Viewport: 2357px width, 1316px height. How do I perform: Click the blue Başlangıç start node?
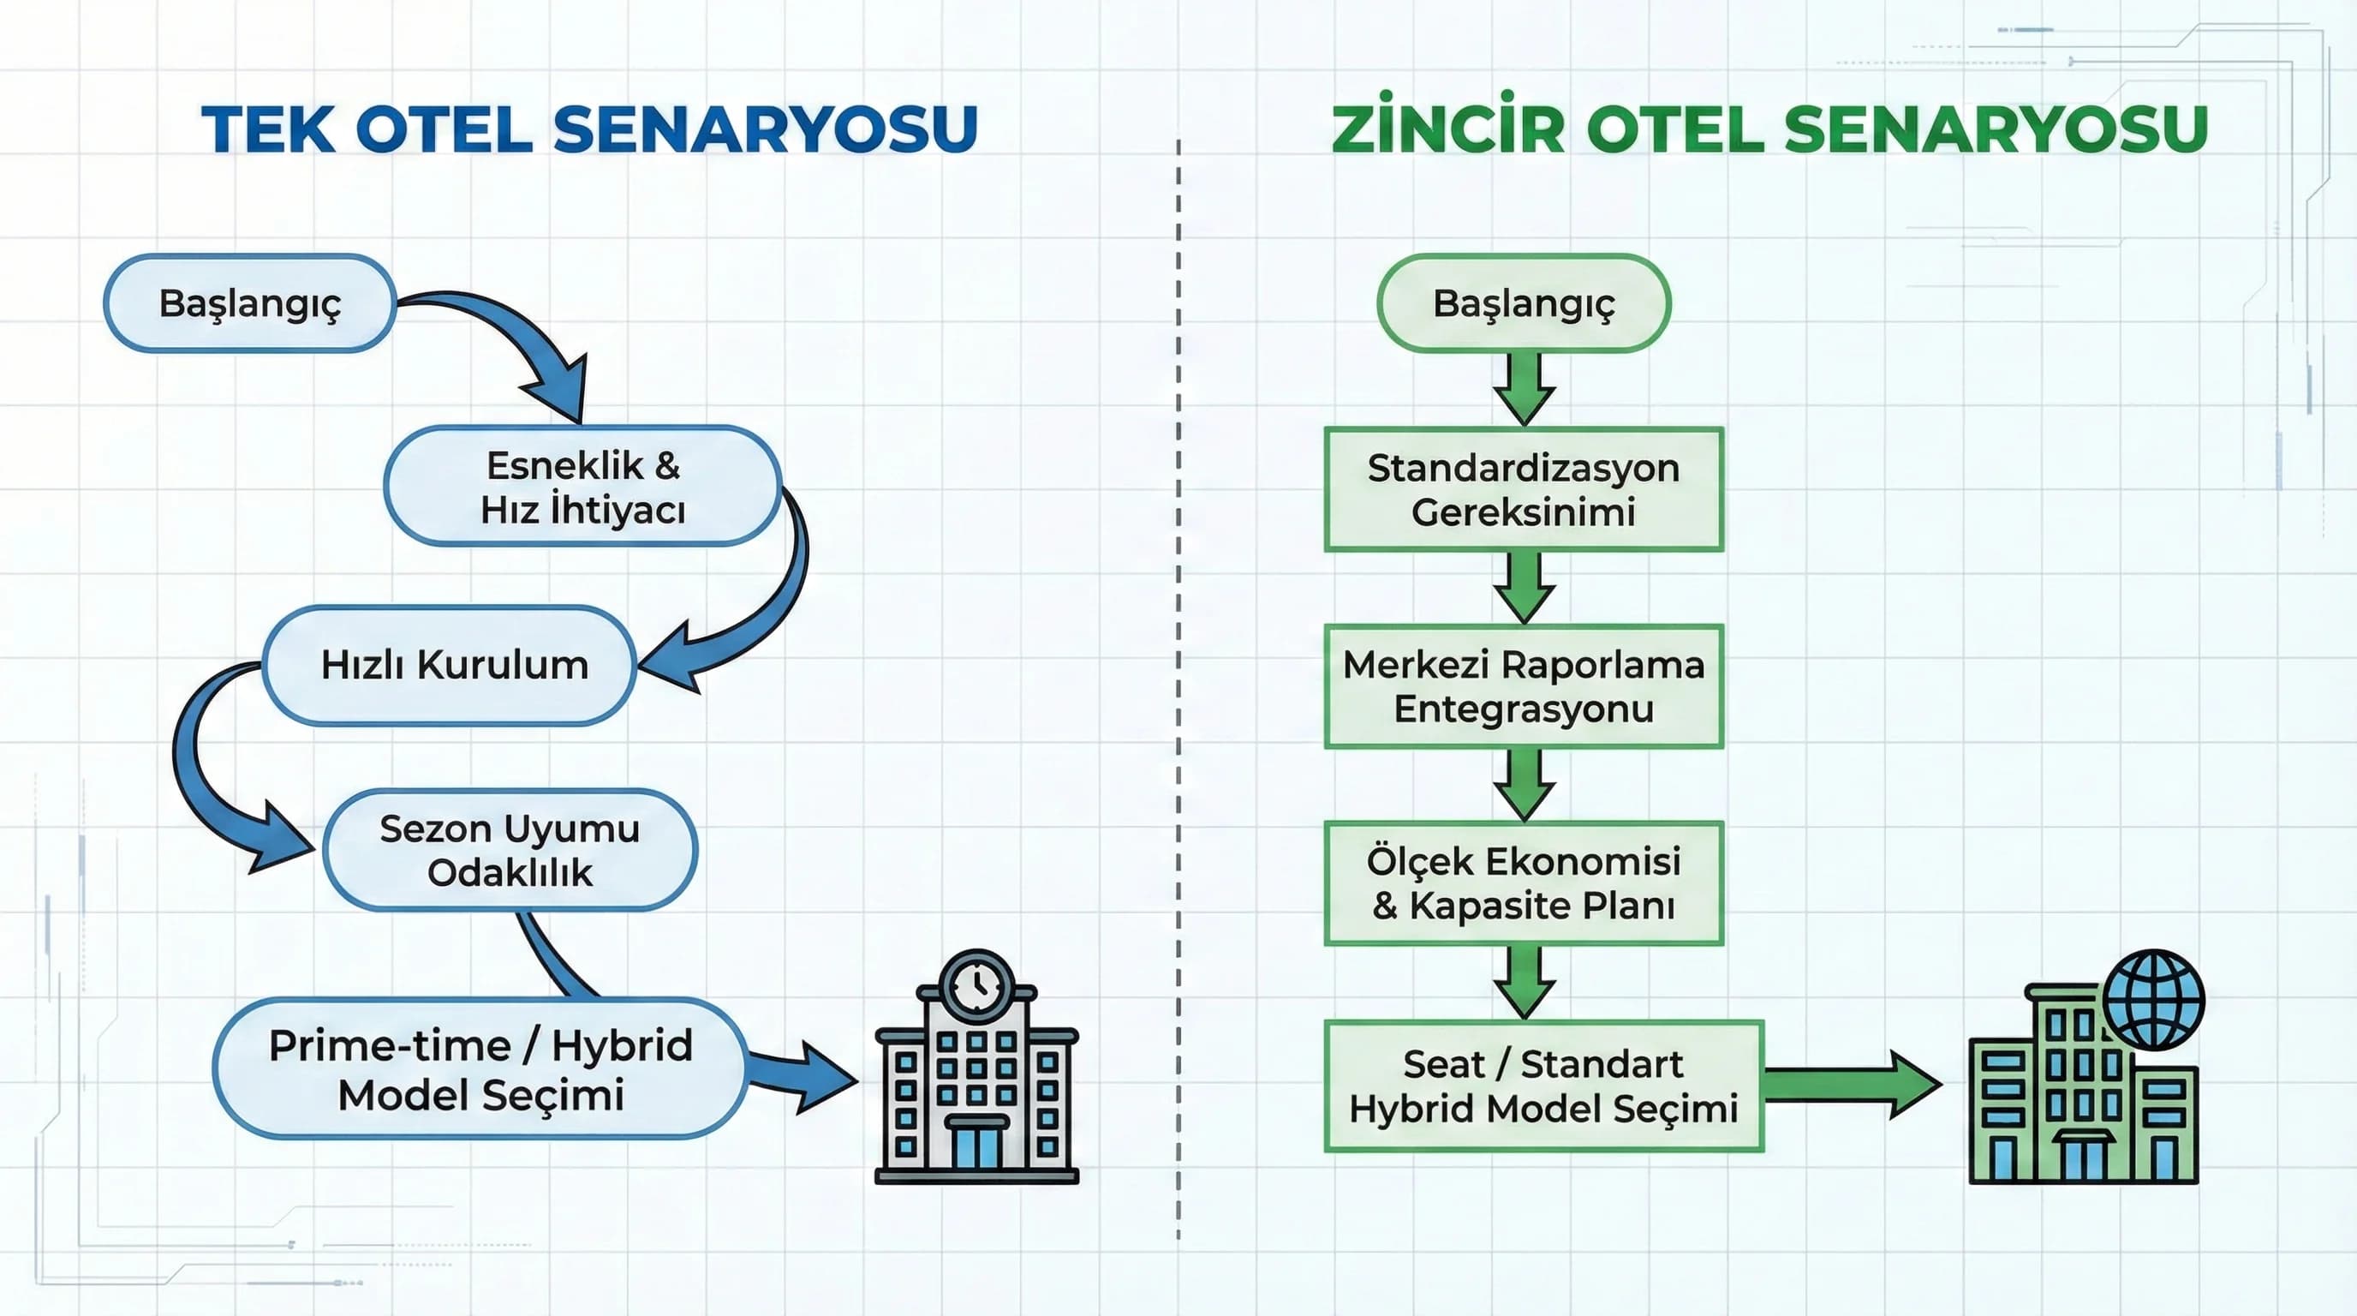click(x=249, y=303)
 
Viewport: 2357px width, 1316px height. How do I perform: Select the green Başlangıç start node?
click(x=1524, y=303)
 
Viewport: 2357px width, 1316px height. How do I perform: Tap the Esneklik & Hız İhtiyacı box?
click(x=583, y=487)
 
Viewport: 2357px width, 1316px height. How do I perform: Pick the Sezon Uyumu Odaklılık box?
click(x=510, y=850)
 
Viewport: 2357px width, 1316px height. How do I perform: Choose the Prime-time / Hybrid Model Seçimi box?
click(x=480, y=1069)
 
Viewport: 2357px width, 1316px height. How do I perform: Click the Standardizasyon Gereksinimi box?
click(x=1524, y=489)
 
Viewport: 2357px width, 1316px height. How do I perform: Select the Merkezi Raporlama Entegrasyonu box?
click(x=1524, y=686)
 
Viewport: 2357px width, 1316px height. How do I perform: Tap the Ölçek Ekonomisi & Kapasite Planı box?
click(x=1524, y=883)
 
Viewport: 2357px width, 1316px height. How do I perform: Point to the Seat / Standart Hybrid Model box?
click(x=1543, y=1086)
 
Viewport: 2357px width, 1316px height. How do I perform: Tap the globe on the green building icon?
click(x=2153, y=999)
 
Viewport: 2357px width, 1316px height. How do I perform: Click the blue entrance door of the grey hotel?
click(x=976, y=1145)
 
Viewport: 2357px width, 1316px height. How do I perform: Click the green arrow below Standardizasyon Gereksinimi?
click(x=1525, y=587)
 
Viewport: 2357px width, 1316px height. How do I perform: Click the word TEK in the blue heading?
click(x=268, y=129)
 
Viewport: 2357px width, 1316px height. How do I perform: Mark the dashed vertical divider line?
click(x=1178, y=686)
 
